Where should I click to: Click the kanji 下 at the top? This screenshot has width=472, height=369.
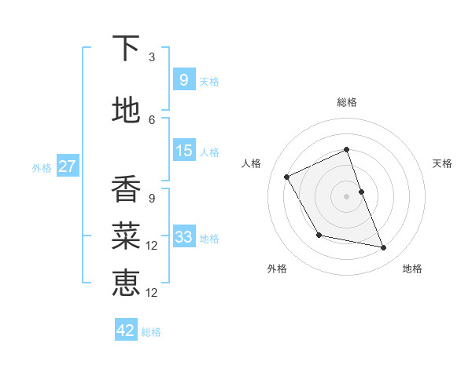pyautogui.click(x=126, y=49)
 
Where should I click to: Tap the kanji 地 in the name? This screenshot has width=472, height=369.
pyautogui.click(x=126, y=111)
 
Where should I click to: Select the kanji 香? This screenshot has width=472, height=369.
pyautogui.click(x=126, y=189)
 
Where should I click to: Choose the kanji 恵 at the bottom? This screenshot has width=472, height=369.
pyautogui.click(x=126, y=282)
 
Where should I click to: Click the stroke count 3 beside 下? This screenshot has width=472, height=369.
pyautogui.click(x=152, y=57)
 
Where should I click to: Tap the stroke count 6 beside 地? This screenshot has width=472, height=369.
pyautogui.click(x=152, y=119)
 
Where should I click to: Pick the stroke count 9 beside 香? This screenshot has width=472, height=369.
pyautogui.click(x=152, y=198)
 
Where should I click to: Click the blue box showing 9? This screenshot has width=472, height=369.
pyautogui.click(x=183, y=79)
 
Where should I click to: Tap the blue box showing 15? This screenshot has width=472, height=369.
pyautogui.click(x=183, y=151)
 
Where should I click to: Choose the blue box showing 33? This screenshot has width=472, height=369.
pyautogui.click(x=183, y=237)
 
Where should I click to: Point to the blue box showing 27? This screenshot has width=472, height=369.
pyautogui.click(x=67, y=166)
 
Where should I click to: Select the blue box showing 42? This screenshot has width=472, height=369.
pyautogui.click(x=126, y=331)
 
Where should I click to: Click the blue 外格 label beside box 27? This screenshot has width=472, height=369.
pyautogui.click(x=42, y=167)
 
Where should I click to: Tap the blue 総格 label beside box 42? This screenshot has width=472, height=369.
pyautogui.click(x=151, y=332)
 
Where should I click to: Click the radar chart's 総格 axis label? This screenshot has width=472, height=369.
pyautogui.click(x=347, y=102)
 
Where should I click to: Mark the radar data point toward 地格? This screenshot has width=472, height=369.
pyautogui.click(x=384, y=248)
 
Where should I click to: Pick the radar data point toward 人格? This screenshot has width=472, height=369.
pyautogui.click(x=287, y=177)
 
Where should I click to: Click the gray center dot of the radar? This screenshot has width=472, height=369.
pyautogui.click(x=346, y=195)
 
